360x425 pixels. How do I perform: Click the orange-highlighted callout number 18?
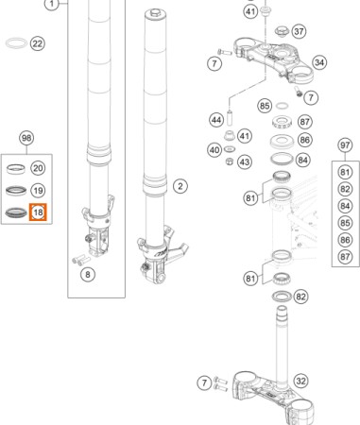(38, 212)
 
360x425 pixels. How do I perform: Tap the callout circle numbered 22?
(38, 43)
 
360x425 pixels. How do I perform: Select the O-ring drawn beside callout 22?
(16, 42)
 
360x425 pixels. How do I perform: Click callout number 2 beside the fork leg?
(180, 186)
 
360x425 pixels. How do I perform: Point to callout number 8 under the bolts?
(88, 275)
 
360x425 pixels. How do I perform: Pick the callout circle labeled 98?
(26, 138)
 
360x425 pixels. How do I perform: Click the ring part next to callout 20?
(16, 169)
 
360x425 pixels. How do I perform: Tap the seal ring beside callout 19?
(16, 191)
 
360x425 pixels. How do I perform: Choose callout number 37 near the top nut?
(299, 31)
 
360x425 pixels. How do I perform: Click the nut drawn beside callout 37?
(281, 31)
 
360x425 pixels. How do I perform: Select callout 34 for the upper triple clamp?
(319, 62)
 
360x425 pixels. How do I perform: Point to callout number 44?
(216, 120)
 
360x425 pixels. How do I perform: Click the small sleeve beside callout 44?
(230, 117)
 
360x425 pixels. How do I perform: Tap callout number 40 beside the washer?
(214, 150)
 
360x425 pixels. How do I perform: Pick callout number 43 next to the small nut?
(244, 162)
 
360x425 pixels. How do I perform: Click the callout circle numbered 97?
(345, 145)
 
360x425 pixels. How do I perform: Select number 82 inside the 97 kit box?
(345, 189)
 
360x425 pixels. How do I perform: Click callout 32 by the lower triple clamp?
(300, 382)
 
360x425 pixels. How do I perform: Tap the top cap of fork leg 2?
(156, 13)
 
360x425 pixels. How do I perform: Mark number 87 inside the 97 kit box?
(345, 257)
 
